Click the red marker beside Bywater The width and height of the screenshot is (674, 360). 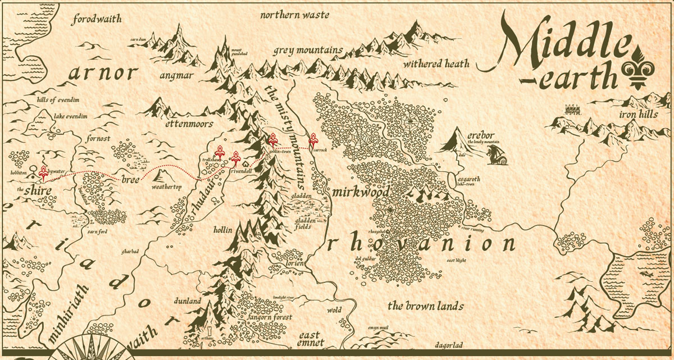click(43, 172)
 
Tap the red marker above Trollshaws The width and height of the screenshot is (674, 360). click(220, 152)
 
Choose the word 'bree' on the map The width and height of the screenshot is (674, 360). click(130, 180)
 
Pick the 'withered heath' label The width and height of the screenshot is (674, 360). click(436, 63)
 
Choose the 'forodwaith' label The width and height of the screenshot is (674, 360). click(97, 20)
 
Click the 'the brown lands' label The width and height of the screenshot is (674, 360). click(426, 306)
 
